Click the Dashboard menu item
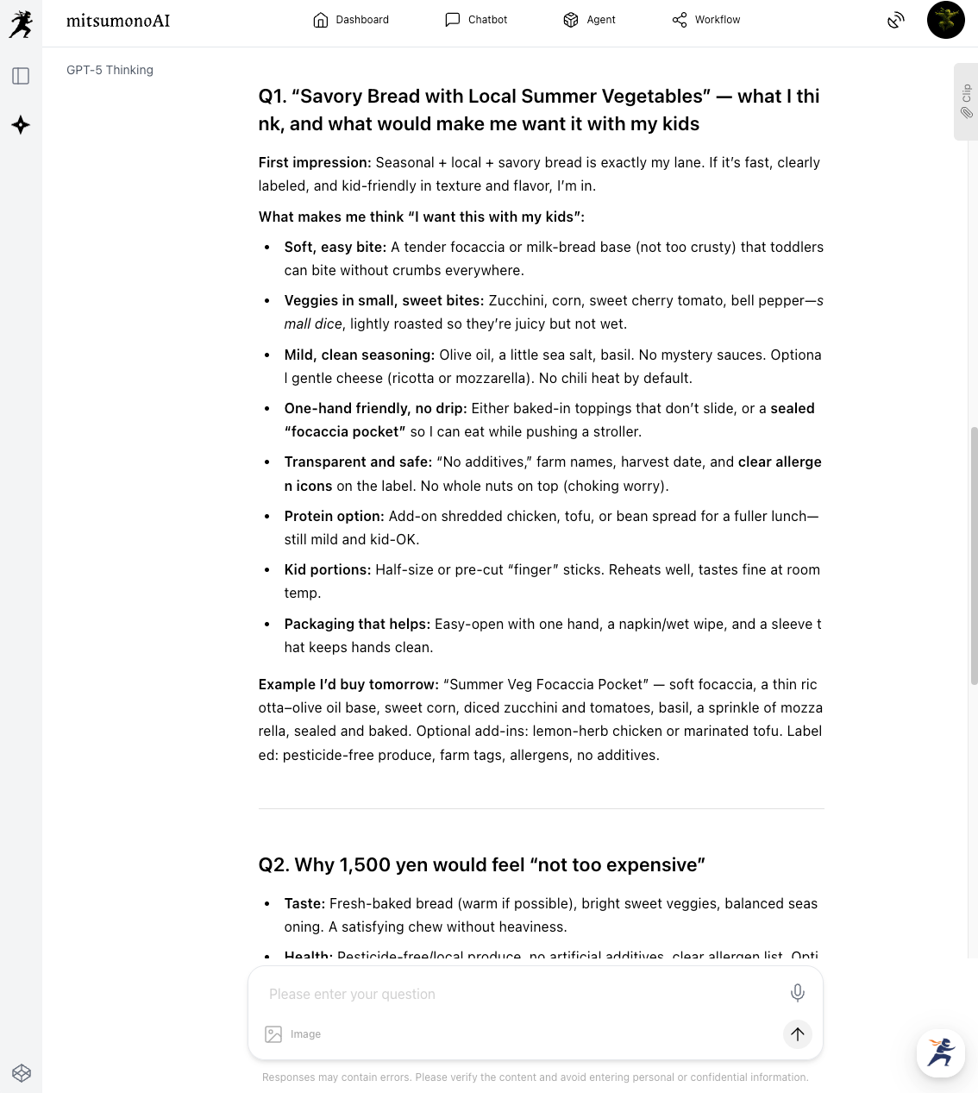[x=351, y=20]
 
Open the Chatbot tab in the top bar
[x=476, y=20]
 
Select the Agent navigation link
[x=589, y=20]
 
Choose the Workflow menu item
[x=706, y=20]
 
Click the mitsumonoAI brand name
[x=118, y=21]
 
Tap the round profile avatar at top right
[x=945, y=20]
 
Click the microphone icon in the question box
[x=798, y=993]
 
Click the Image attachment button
[x=293, y=1034]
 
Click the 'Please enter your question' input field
[x=517, y=994]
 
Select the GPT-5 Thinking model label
[x=110, y=70]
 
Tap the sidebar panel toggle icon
[x=21, y=76]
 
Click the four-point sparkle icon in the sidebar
[x=21, y=125]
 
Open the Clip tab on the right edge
[x=966, y=101]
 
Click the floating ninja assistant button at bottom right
[x=940, y=1052]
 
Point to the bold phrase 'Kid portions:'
[x=328, y=570]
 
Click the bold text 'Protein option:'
[x=335, y=516]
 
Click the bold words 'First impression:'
[x=315, y=162]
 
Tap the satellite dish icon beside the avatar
[x=896, y=20]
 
